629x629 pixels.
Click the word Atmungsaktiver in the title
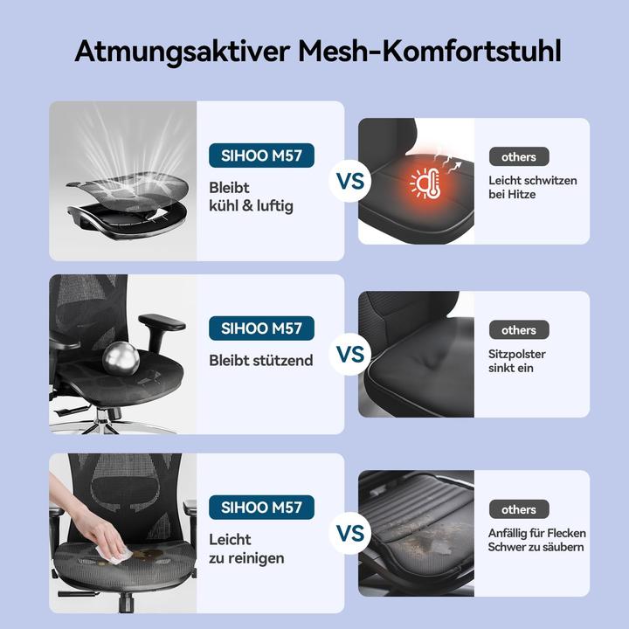(x=180, y=50)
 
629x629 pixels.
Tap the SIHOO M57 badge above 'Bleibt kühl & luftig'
(x=261, y=156)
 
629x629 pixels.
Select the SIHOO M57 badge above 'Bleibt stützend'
(x=261, y=328)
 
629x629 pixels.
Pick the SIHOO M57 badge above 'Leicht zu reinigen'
(x=261, y=508)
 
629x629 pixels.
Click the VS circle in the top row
(x=350, y=183)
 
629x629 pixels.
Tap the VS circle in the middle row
(x=350, y=355)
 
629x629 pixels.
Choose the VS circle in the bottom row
(x=350, y=533)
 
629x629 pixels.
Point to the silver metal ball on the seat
(x=120, y=358)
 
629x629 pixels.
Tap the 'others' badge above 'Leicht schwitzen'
(x=519, y=157)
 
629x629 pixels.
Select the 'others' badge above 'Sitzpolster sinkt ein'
(x=519, y=330)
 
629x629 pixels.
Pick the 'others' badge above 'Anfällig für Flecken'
(x=519, y=509)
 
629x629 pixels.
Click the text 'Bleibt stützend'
(x=261, y=360)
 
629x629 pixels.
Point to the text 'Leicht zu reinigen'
(x=246, y=549)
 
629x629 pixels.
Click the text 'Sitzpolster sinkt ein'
(x=517, y=362)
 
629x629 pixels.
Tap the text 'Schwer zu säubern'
(x=536, y=547)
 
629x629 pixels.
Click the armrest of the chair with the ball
(x=162, y=321)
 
